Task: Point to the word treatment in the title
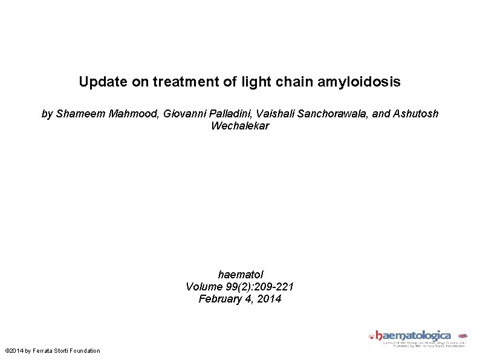click(x=187, y=82)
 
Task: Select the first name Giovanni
click(x=184, y=114)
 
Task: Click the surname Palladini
click(x=229, y=114)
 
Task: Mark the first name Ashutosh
click(x=416, y=114)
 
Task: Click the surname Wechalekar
click(x=240, y=126)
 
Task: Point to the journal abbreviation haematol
click(x=240, y=274)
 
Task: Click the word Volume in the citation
click(x=204, y=286)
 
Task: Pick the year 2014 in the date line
click(x=269, y=299)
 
